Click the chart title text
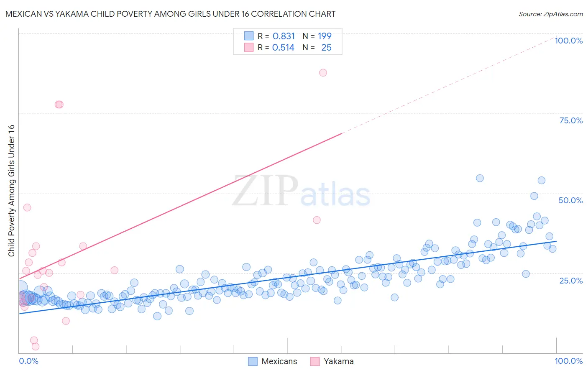170,14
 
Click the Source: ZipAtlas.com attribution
550,14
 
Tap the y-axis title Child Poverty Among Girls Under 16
11,191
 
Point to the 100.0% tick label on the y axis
568,41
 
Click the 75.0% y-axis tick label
571,120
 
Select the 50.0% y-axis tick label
570,200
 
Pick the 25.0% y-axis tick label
571,280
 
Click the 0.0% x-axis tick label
28,361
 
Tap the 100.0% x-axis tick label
568,361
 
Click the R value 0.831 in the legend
284,36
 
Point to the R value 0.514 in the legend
283,48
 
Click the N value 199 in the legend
325,36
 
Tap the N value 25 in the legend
326,48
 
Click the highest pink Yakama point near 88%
323,72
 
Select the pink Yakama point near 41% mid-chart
317,220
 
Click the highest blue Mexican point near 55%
480,178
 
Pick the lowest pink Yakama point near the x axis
36,347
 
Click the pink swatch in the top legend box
249,47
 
